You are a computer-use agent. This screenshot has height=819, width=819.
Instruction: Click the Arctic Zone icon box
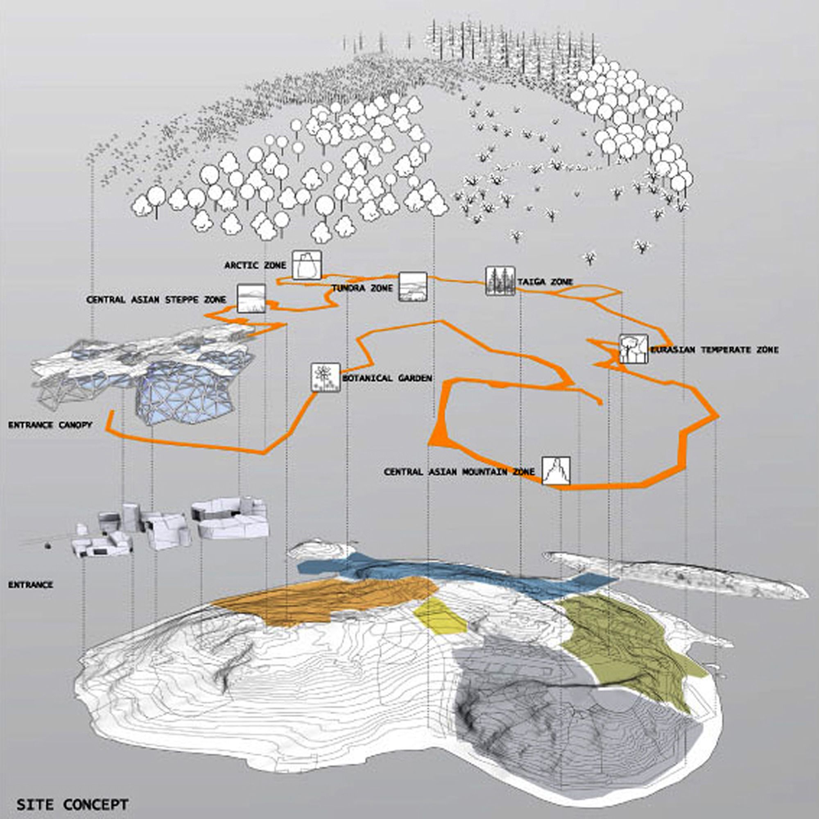[306, 265]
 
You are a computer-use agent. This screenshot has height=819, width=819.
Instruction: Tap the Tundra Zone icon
[412, 287]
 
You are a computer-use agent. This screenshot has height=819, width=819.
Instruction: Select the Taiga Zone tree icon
[500, 281]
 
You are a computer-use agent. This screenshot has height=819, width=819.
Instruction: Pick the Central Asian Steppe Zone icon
[251, 299]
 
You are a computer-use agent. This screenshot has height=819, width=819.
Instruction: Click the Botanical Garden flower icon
[326, 377]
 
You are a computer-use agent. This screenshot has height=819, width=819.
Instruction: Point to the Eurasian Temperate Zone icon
[634, 349]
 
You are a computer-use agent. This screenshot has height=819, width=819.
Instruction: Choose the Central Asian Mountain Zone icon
[556, 471]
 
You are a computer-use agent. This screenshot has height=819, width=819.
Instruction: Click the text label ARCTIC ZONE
[255, 266]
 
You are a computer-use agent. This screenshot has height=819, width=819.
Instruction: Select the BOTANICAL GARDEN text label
[387, 378]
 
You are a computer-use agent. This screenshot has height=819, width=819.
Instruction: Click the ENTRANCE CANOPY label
[50, 425]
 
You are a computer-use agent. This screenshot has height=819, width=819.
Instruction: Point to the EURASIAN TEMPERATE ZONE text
[715, 350]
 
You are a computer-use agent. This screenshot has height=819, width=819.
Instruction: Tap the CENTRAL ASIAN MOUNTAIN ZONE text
[459, 472]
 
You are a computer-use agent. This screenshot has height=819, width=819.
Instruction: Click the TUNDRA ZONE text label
[362, 288]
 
